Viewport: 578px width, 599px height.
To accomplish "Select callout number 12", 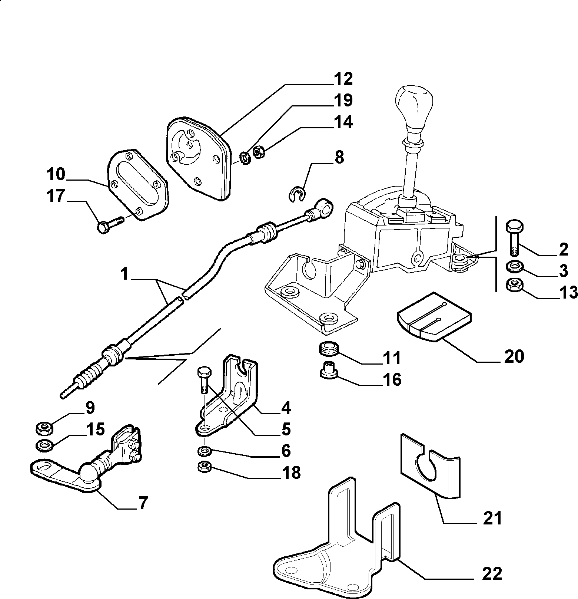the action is pos(343,79).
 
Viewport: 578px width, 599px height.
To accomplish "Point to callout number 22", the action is pos(492,574).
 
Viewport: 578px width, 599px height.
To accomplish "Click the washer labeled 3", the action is pos(514,266).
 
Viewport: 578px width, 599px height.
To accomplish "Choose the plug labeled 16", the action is pos(328,370).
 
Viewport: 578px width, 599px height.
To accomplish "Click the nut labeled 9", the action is pos(45,429).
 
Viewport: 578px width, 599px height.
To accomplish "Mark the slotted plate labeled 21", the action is pos(430,465).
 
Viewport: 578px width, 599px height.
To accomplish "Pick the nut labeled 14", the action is pos(258,151).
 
